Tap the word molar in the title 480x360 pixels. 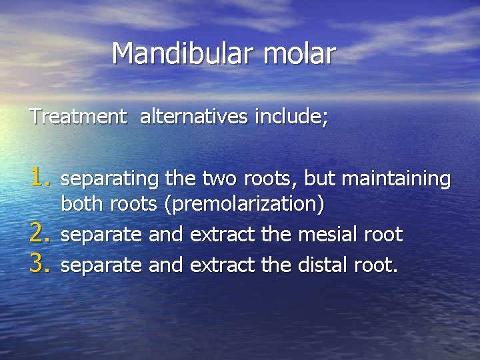[299, 53]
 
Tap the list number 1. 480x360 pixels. [41, 177]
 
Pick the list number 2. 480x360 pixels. [41, 234]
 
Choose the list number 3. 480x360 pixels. [41, 265]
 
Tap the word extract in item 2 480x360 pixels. [222, 235]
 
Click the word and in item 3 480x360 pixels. [166, 265]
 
